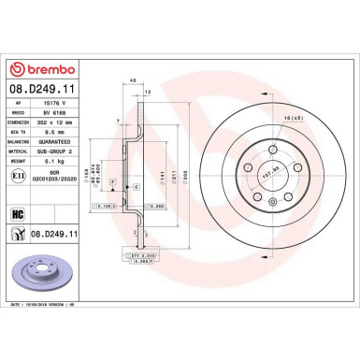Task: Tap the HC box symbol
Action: [x=18, y=214]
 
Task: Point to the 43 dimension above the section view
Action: [x=135, y=81]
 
